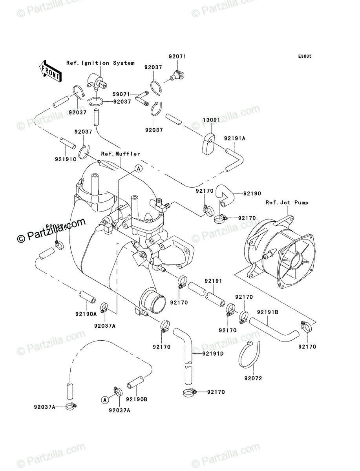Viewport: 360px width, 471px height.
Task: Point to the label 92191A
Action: coord(235,139)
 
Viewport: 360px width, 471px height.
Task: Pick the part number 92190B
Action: coord(137,400)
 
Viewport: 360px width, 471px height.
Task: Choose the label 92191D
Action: coord(213,354)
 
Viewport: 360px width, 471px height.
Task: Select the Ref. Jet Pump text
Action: coord(287,203)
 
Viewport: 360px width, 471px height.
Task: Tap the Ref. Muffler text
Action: coord(121,154)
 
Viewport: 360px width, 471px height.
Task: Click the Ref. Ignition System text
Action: coord(100,63)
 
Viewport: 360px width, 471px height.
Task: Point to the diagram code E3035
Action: coord(304,57)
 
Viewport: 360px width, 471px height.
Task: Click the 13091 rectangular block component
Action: coord(209,144)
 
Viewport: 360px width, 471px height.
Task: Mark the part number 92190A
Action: coord(86,314)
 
